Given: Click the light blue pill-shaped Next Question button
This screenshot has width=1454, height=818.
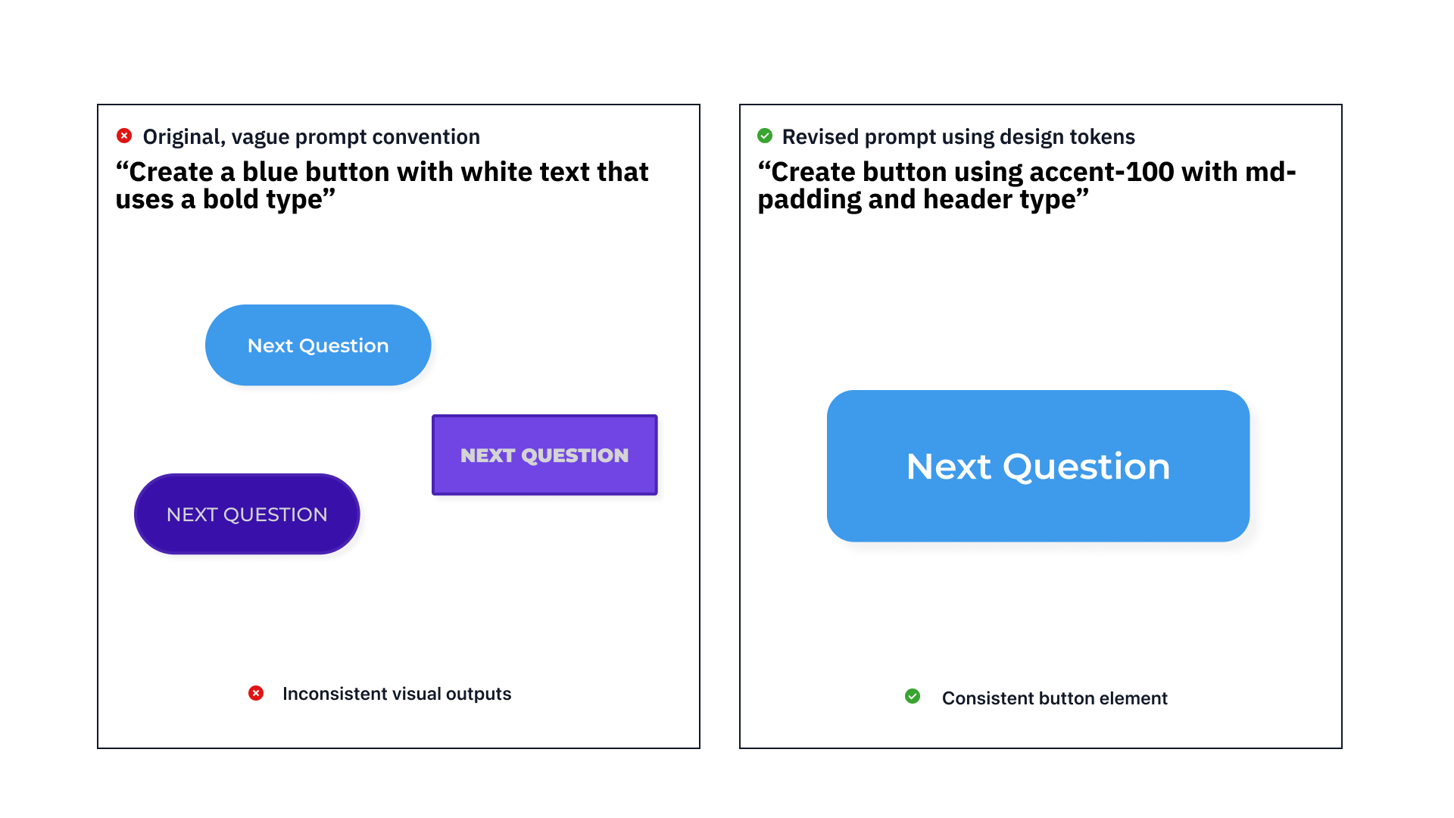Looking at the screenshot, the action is (x=318, y=345).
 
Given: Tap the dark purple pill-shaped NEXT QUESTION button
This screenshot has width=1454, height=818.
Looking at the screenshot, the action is (x=247, y=514).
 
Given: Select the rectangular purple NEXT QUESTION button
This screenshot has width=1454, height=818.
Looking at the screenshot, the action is (x=544, y=455).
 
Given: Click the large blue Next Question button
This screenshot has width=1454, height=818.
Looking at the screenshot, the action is (x=1038, y=466).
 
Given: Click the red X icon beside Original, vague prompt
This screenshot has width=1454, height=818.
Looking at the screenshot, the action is (x=124, y=136).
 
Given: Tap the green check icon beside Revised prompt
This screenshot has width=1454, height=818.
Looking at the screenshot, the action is (x=765, y=136).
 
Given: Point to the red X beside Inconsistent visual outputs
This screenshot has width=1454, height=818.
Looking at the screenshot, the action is (x=256, y=693).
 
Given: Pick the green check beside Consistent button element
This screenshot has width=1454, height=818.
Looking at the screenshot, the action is (x=913, y=696).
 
